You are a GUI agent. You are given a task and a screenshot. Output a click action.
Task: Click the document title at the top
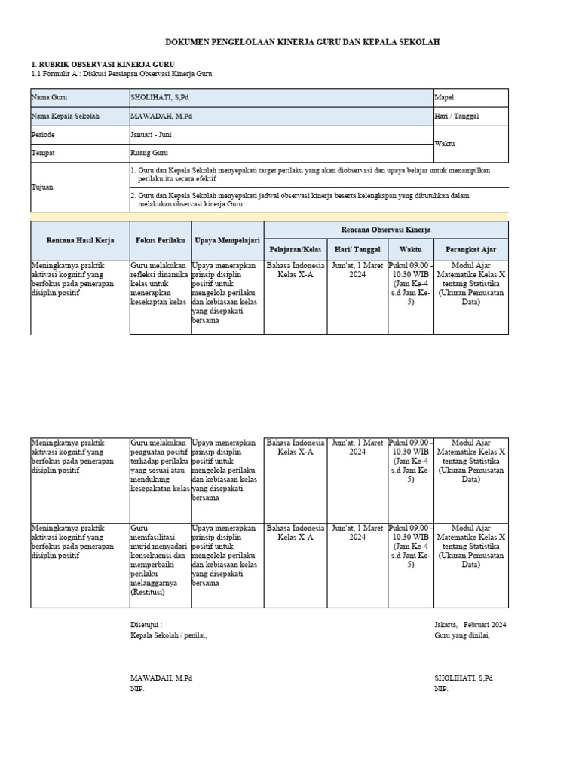point(302,42)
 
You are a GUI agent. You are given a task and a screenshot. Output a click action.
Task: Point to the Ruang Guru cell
point(150,154)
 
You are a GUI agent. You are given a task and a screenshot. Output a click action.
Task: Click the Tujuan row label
point(44,187)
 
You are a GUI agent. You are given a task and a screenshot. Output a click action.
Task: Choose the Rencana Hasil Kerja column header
point(80,240)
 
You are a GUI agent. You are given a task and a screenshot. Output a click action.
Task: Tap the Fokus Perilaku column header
point(160,240)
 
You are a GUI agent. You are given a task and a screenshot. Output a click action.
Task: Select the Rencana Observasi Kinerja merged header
point(386,230)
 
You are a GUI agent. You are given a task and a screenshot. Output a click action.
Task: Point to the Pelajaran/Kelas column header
point(296,249)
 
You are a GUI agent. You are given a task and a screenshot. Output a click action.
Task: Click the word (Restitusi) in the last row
point(148,593)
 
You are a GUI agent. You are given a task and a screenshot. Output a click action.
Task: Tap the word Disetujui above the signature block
point(146,625)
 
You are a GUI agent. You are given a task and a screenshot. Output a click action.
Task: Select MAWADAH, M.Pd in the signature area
point(161,678)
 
